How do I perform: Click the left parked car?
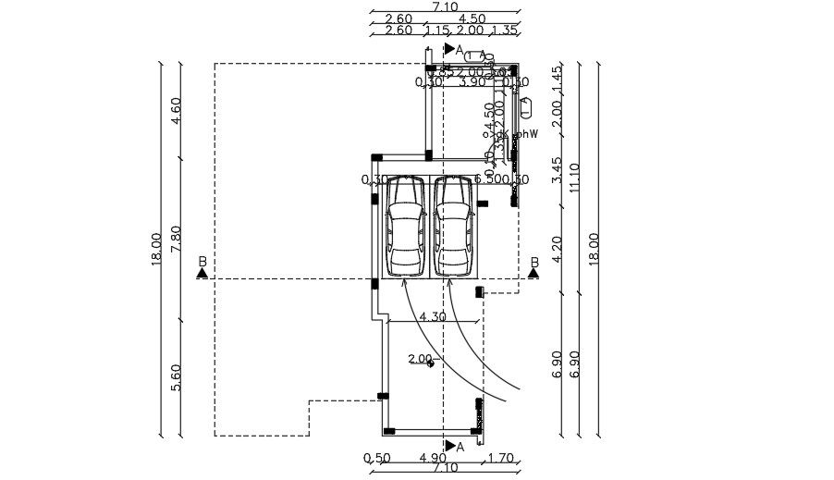[x=405, y=227]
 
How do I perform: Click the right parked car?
[x=453, y=227]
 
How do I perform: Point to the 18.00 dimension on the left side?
[x=156, y=249]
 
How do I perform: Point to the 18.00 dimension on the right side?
[x=594, y=249]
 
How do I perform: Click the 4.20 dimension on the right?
[x=557, y=249]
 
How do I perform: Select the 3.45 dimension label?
[x=557, y=170]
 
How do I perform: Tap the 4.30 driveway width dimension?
[x=433, y=316]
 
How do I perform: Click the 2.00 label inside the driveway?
[x=420, y=359]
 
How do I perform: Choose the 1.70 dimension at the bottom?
[x=500, y=458]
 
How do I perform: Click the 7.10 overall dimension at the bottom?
[x=445, y=469]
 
